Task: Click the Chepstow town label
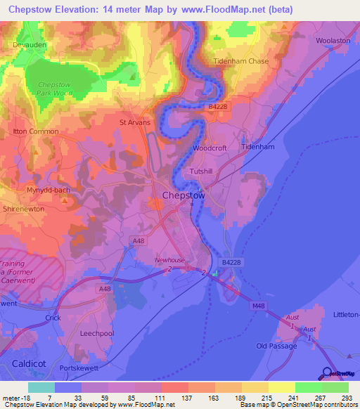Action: click(184, 196)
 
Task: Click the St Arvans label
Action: click(134, 122)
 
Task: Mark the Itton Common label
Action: click(35, 131)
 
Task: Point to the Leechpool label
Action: click(97, 333)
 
